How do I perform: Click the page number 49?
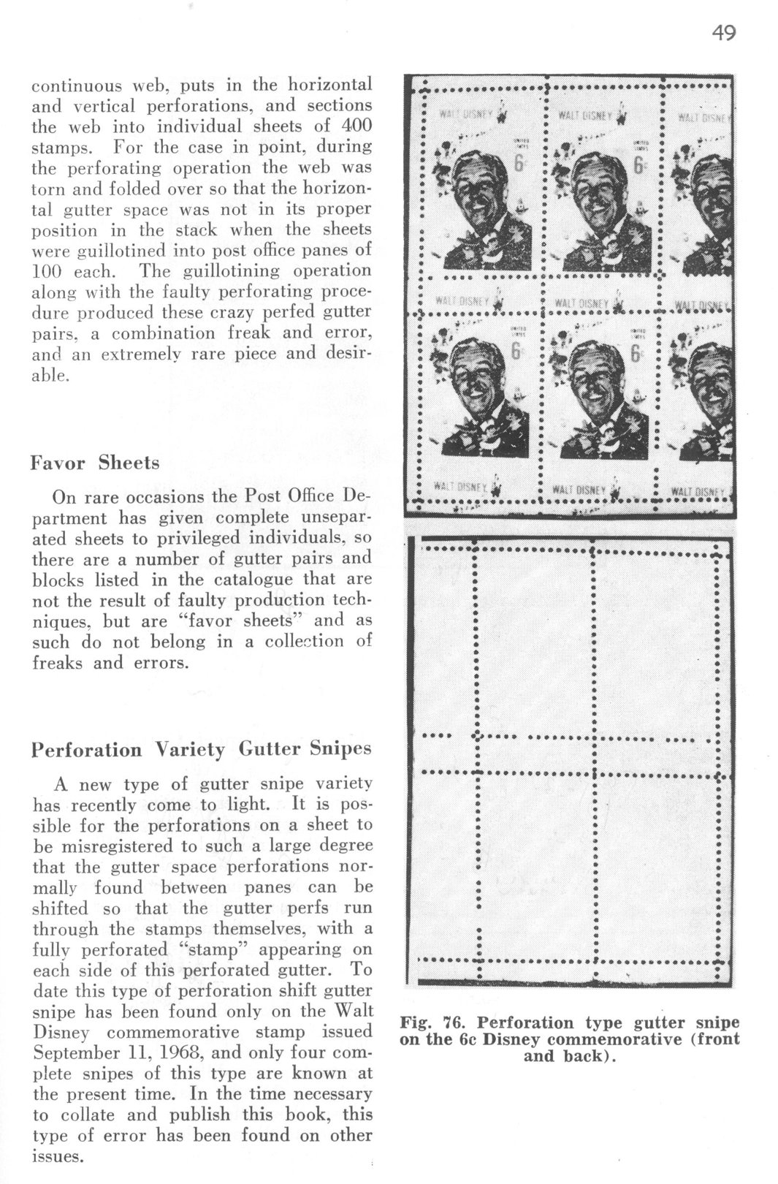point(723,33)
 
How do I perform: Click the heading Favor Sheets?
point(95,463)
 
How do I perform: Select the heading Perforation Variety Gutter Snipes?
point(202,750)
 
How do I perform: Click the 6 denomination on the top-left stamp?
point(517,166)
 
